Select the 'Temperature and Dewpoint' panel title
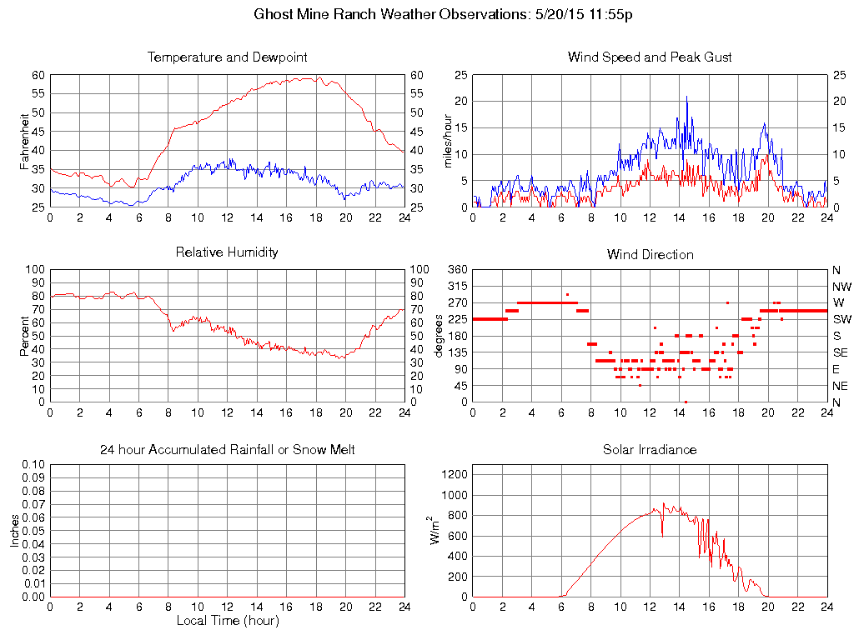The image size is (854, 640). (x=227, y=57)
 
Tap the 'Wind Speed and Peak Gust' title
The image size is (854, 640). (x=650, y=57)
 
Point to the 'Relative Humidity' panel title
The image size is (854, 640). (x=227, y=252)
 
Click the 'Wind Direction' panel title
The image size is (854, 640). (x=650, y=254)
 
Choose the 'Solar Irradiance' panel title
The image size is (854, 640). (x=650, y=450)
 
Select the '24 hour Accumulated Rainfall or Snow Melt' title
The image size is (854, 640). (x=227, y=450)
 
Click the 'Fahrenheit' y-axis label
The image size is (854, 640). (x=24, y=141)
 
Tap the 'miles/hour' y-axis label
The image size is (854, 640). (x=447, y=141)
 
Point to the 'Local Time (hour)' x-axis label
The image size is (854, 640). (x=227, y=620)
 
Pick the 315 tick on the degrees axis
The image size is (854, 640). (x=457, y=286)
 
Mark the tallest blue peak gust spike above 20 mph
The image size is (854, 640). (x=686, y=97)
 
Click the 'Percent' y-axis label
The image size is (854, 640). (x=24, y=335)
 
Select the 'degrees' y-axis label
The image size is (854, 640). (x=439, y=335)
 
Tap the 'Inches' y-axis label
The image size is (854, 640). (x=14, y=530)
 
